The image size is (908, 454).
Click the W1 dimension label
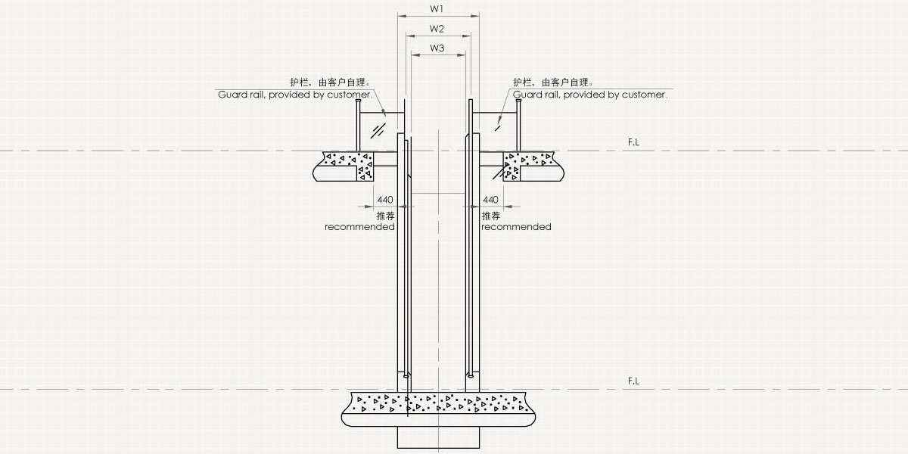click(x=437, y=9)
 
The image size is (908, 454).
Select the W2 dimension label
click(x=437, y=29)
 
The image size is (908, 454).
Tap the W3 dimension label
click(x=437, y=48)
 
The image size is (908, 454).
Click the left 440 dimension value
click(x=384, y=200)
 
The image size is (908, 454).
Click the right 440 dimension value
click(x=490, y=200)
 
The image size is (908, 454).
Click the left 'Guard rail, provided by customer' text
click(x=295, y=95)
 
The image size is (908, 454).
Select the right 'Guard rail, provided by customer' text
click(x=590, y=95)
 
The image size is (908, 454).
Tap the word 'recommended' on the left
click(x=359, y=227)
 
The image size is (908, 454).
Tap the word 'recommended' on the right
click(x=516, y=227)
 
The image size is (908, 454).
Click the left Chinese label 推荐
click(x=385, y=216)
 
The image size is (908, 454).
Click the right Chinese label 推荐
click(x=490, y=216)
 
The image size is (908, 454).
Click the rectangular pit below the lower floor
click(x=438, y=437)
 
